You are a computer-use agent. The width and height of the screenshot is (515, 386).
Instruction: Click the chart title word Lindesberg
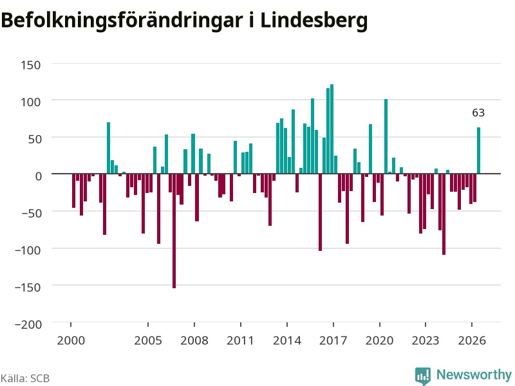pos(314,21)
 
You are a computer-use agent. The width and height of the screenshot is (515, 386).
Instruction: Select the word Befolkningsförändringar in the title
pos(122,21)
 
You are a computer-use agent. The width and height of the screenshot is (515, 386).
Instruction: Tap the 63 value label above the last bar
pos(478,113)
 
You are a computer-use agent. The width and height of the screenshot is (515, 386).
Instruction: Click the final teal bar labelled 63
pos(478,151)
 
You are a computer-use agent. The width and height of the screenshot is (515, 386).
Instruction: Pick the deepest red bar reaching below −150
pos(174,231)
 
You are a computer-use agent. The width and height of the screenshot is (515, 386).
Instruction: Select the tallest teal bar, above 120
pos(332,129)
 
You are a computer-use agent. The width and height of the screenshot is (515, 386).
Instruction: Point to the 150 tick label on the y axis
pos(31,65)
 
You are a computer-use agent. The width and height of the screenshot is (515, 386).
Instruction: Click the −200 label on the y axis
pos(28,325)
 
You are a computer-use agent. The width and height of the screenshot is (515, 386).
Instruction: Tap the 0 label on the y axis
pos(39,176)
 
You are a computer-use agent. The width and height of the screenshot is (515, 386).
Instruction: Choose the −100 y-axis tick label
pos(28,250)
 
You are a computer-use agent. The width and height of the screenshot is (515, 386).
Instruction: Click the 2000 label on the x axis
pos(71,340)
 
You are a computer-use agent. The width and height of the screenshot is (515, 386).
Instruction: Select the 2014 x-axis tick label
pos(287,340)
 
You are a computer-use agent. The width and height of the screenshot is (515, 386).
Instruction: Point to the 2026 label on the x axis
pos(472,340)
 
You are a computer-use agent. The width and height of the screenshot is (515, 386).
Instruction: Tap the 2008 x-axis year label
pos(194,340)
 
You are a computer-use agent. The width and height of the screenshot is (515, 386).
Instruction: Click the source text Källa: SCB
pos(25,378)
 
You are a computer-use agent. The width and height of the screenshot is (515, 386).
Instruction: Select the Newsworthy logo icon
pos(423,376)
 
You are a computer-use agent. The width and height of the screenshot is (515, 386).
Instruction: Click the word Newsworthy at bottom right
pos(474,374)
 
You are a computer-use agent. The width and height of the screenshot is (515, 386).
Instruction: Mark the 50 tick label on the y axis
pos(35,139)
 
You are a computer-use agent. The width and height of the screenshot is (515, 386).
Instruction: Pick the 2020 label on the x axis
pos(379,340)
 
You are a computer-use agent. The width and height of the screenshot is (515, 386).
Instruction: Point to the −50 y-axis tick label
pos(32,214)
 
